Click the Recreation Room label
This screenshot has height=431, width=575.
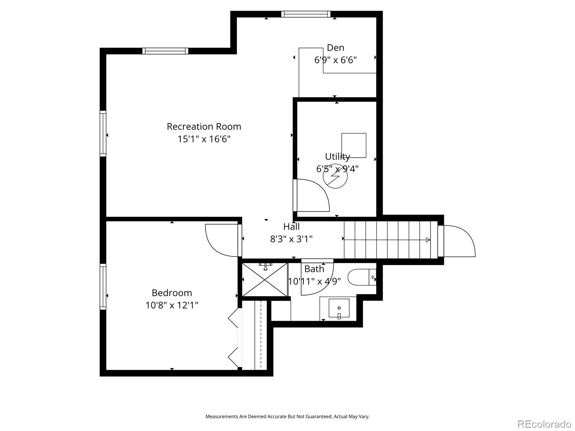coord(204,127)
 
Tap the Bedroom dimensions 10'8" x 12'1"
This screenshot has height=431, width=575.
coord(172,305)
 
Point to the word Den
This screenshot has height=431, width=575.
coord(336,48)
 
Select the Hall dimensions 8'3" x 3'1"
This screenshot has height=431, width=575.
coord(291,239)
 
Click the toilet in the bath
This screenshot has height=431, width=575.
coord(362,277)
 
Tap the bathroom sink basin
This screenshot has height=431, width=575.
coord(339,308)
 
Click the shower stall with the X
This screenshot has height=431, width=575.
coord(265,280)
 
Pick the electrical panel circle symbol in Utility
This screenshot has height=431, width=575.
coord(335,176)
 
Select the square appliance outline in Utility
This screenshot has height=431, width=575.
coord(354,145)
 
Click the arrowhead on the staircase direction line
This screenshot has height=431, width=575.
coord(428,240)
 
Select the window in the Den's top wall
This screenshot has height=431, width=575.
coord(306,14)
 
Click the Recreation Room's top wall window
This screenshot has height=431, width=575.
coord(165,51)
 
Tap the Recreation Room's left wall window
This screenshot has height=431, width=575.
coord(103,134)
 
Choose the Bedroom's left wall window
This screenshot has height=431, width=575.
coord(103,287)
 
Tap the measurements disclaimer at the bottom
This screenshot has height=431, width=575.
coord(287,417)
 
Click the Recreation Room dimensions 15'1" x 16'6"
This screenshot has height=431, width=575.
coord(204,139)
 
